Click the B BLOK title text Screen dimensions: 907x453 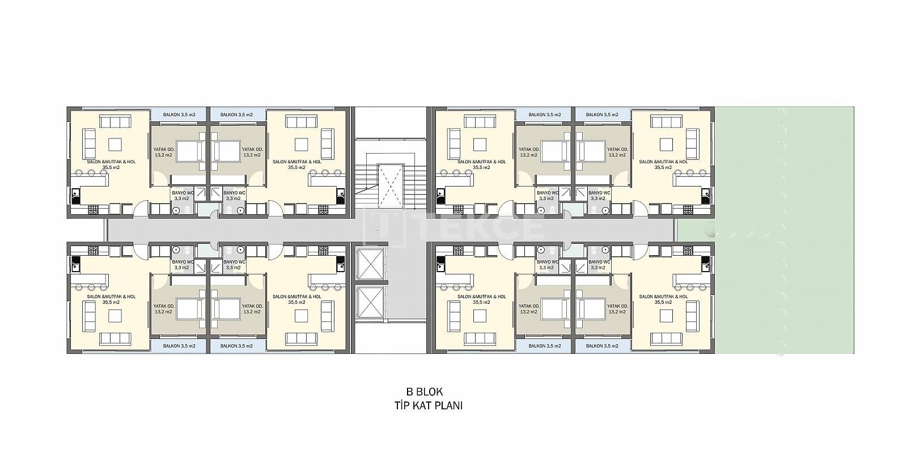click(x=425, y=392)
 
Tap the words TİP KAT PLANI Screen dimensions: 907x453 click(x=429, y=405)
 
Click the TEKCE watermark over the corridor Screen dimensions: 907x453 click(x=454, y=227)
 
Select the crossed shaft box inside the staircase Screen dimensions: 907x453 click(x=391, y=186)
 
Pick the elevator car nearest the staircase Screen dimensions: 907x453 click(x=371, y=264)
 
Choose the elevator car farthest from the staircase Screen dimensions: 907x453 click(x=371, y=302)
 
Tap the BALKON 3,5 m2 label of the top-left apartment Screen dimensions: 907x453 click(x=179, y=115)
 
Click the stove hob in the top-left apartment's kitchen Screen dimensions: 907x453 click(x=93, y=210)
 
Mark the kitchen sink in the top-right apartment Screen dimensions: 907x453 click(x=706, y=197)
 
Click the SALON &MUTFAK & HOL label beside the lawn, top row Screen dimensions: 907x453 click(x=663, y=162)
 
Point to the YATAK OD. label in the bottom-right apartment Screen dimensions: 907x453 click(x=617, y=306)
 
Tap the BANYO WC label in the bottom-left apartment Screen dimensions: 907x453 click(x=183, y=262)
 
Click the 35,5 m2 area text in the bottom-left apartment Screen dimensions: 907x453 click(x=111, y=302)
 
